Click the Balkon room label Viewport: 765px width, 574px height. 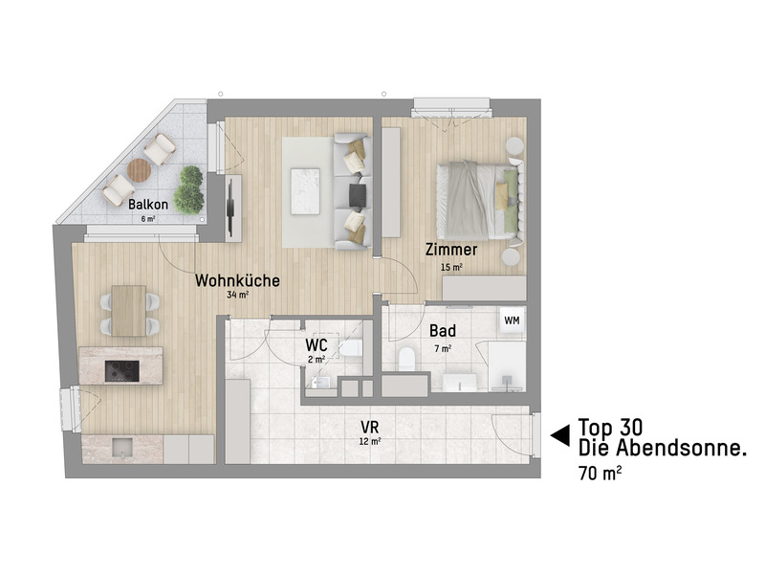coord(148,204)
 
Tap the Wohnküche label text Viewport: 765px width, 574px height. coord(237,281)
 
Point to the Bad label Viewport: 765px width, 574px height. coord(442,331)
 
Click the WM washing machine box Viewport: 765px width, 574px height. coord(512,320)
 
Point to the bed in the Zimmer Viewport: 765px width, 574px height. coord(473,200)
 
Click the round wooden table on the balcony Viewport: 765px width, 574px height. coord(140,169)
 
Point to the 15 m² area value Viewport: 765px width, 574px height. coord(450,267)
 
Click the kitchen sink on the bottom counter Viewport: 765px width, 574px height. coord(122,446)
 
